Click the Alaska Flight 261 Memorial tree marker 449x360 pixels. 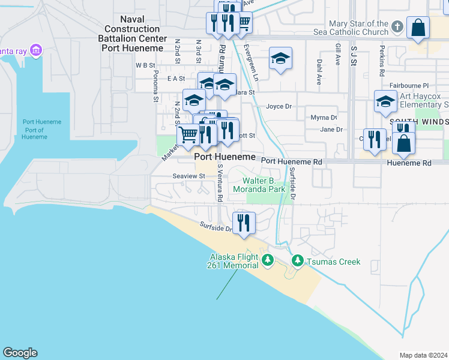coord(267,260)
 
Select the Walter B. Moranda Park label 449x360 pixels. coord(267,185)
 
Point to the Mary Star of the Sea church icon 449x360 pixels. coord(397,27)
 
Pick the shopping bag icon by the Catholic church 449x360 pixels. coord(418,28)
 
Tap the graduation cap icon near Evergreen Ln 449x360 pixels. coord(280,58)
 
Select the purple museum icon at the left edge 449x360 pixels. coord(36,50)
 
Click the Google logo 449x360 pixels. coord(20,353)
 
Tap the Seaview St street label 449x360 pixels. coord(189,176)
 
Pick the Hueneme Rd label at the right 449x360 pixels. coord(409,163)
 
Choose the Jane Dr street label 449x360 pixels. coord(331,129)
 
